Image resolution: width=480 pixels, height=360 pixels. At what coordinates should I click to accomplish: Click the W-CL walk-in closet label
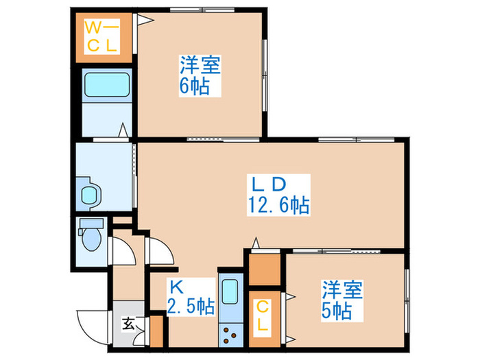102,37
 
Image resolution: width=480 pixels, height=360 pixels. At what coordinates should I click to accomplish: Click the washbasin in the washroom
90,195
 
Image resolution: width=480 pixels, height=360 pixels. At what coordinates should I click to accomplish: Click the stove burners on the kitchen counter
229,337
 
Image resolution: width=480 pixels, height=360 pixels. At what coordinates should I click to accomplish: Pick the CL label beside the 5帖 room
263,316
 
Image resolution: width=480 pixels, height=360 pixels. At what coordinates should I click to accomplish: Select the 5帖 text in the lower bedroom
337,311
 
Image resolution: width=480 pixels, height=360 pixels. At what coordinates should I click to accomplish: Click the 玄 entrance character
128,323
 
